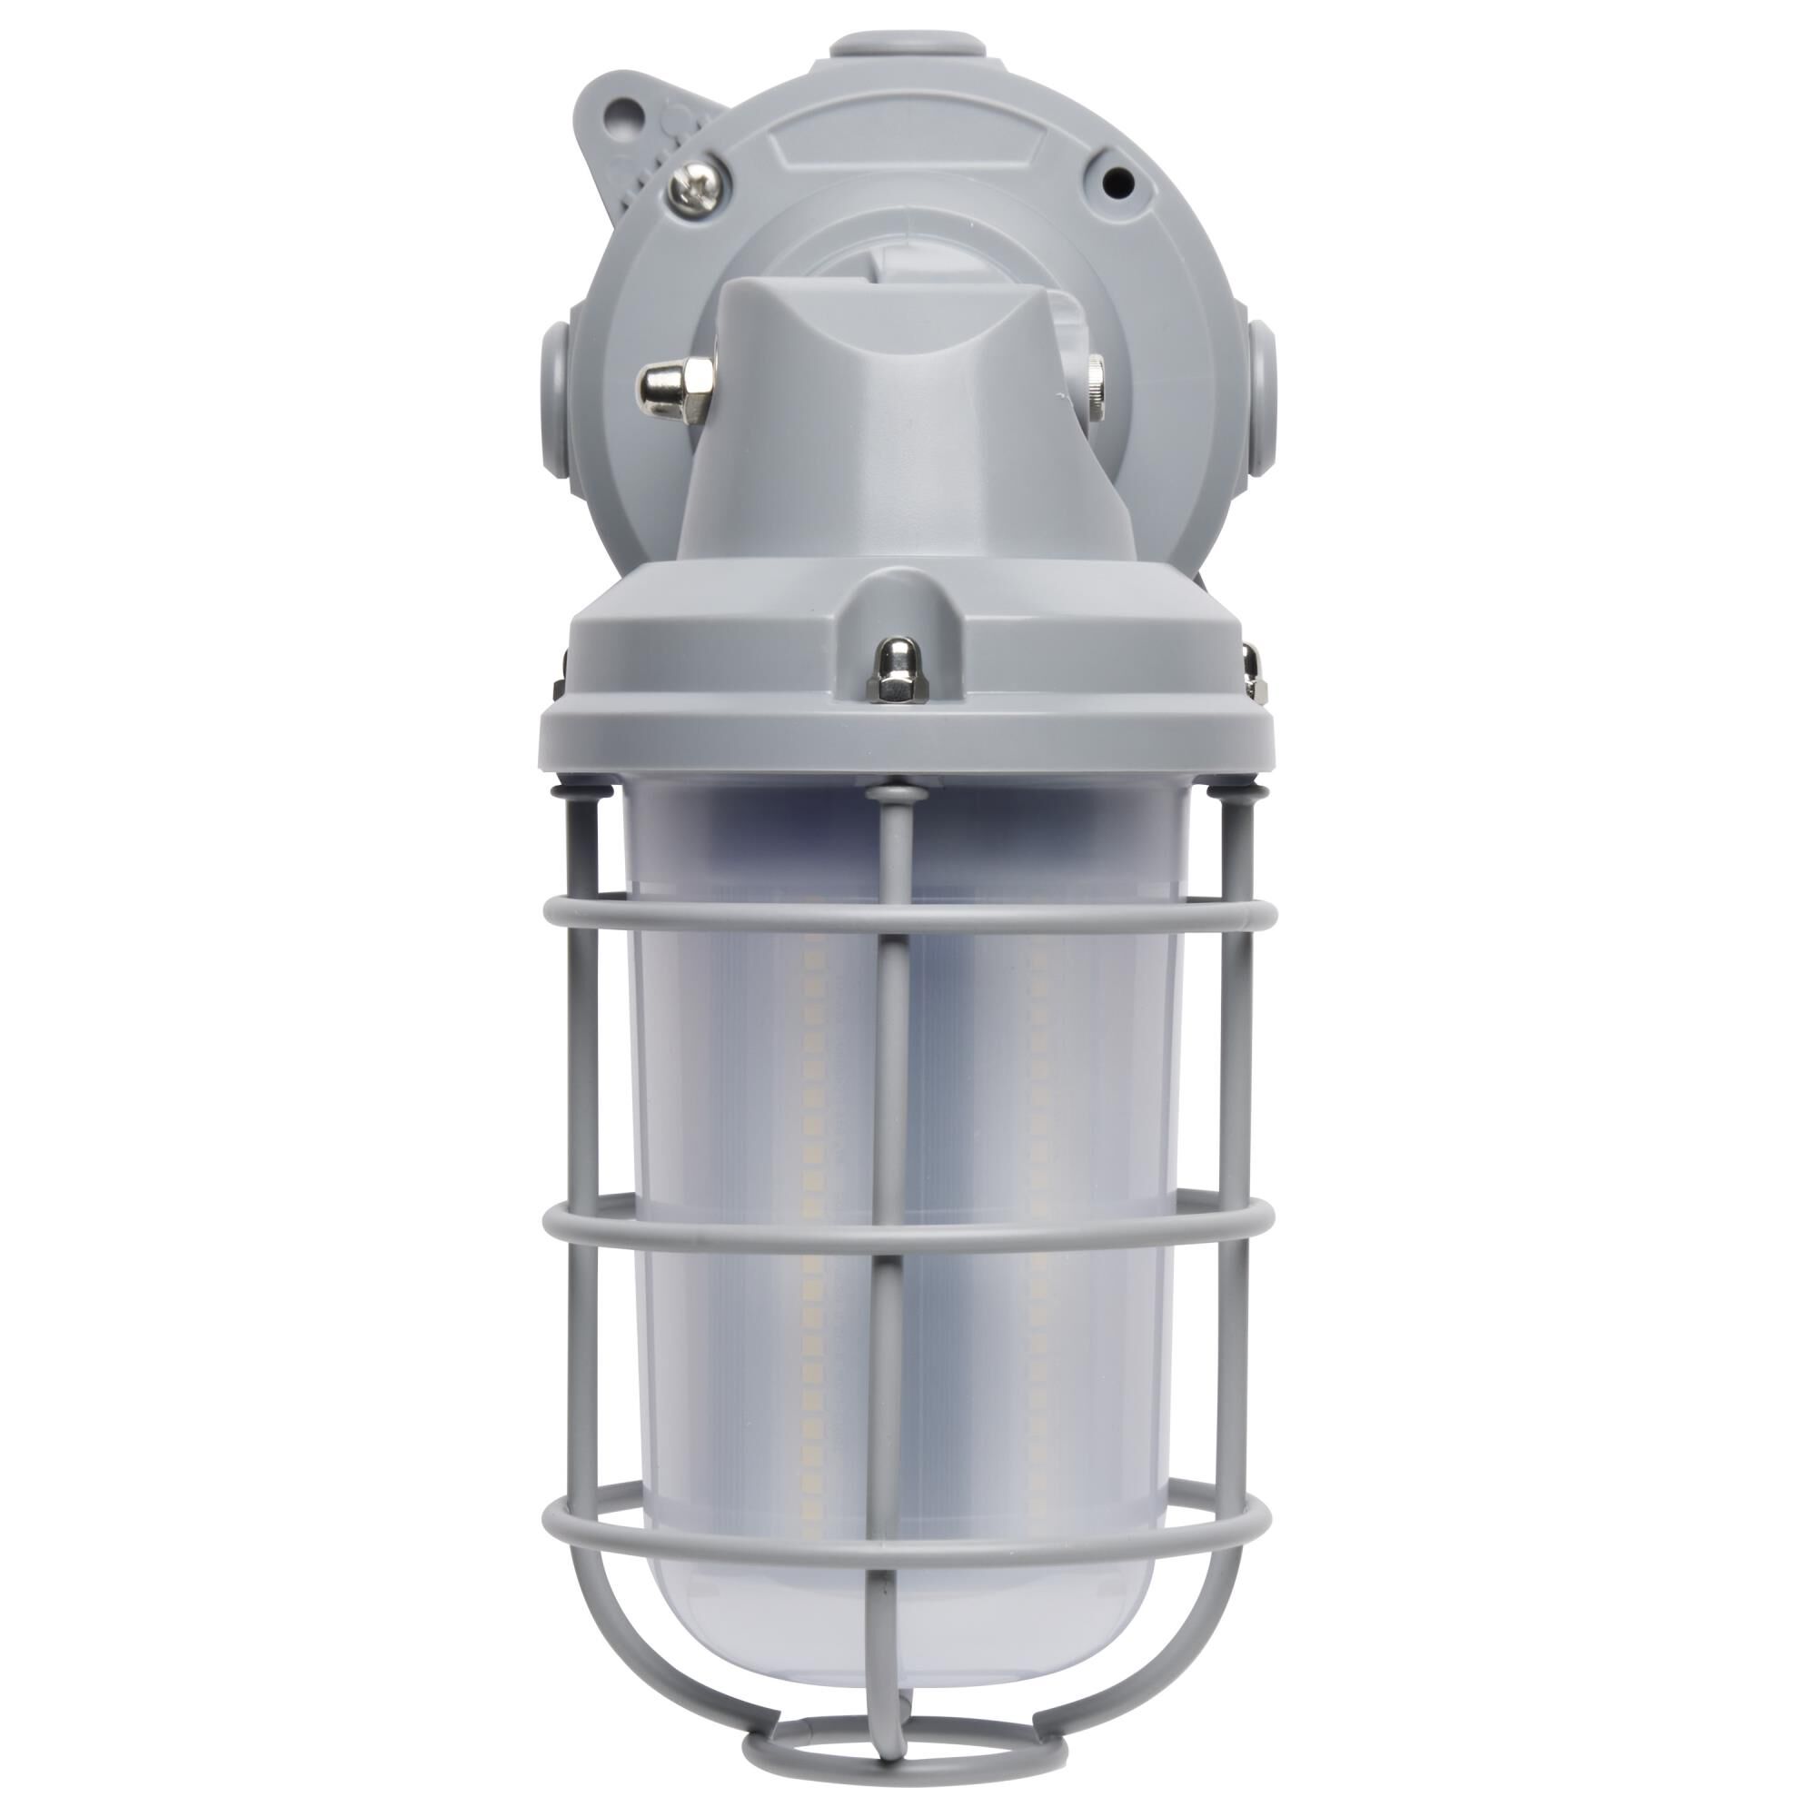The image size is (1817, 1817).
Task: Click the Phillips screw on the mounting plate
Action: click(x=707, y=184)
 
